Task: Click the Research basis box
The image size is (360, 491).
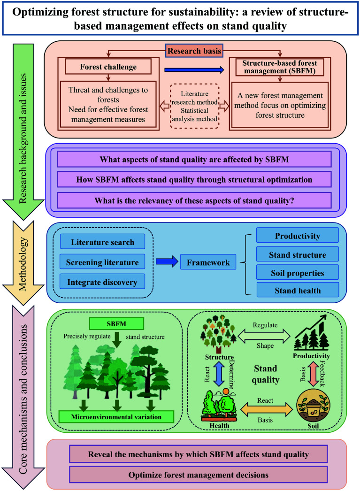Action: pyautogui.click(x=194, y=51)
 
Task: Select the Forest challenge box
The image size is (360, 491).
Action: pyautogui.click(x=108, y=67)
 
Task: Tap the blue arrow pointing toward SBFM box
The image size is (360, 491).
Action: pyautogui.click(x=194, y=70)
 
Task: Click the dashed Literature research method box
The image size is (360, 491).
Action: pyautogui.click(x=194, y=106)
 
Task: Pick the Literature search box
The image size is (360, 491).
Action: pyautogui.click(x=102, y=242)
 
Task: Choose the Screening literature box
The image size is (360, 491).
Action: pyautogui.click(x=102, y=262)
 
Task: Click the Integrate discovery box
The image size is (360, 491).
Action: pyautogui.click(x=102, y=282)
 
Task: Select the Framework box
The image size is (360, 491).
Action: pyautogui.click(x=208, y=262)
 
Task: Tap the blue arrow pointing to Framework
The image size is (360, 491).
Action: pyautogui.click(x=167, y=261)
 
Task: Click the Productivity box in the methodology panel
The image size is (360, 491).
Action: pyautogui.click(x=298, y=235)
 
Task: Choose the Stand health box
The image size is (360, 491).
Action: pyautogui.click(x=298, y=290)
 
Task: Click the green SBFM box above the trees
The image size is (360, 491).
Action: pyautogui.click(x=116, y=323)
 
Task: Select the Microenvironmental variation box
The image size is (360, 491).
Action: pyautogui.click(x=116, y=416)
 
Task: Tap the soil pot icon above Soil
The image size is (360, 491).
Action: pyautogui.click(x=313, y=406)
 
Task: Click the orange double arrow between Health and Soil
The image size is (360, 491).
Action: pyautogui.click(x=266, y=410)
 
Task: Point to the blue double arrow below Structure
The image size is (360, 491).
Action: pyautogui.click(x=219, y=374)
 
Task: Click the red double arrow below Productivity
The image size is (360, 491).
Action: pyautogui.click(x=313, y=374)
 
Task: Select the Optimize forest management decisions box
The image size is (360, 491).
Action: pyautogui.click(x=198, y=475)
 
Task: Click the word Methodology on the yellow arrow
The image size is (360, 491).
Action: pyautogui.click(x=23, y=264)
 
